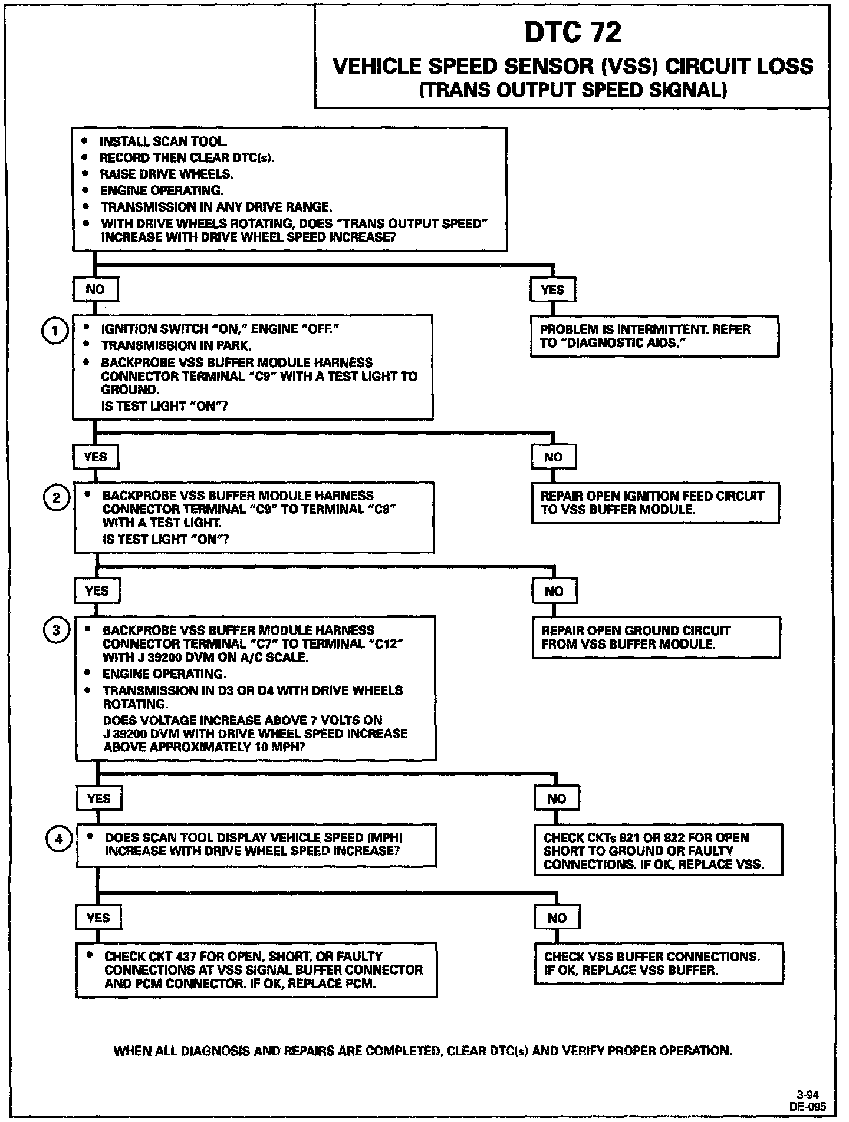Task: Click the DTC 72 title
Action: pos(572,33)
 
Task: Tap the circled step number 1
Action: pos(56,331)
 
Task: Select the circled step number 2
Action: pos(57,498)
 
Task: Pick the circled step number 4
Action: pos(59,839)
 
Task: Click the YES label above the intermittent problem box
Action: pos(552,289)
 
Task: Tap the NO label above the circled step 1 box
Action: pos(95,289)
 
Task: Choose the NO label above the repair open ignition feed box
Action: pos(553,457)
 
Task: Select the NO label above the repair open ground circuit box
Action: pos(554,591)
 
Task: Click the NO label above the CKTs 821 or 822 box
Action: pos(557,798)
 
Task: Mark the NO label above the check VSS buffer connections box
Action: pos(557,918)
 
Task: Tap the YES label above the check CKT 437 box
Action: pos(98,918)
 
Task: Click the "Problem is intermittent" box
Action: pos(654,336)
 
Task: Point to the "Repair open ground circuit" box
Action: pos(656,638)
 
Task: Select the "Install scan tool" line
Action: pos(163,141)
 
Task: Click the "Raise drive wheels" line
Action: pos(166,174)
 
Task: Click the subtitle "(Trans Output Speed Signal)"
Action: pos(572,90)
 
